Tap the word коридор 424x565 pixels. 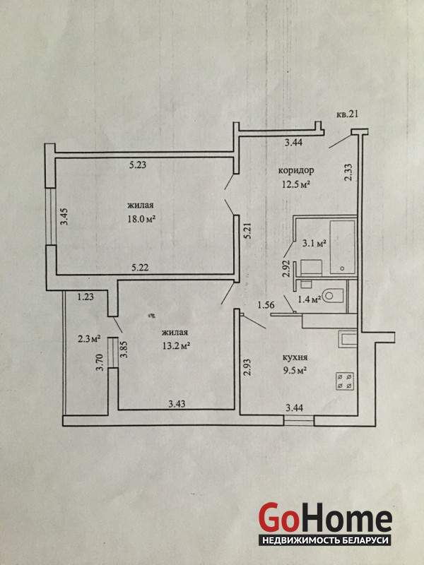click(x=296, y=170)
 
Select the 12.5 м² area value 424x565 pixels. click(x=296, y=184)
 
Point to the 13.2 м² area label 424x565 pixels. click(x=176, y=346)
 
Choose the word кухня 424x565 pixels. click(x=295, y=357)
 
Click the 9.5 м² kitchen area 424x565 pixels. click(x=295, y=370)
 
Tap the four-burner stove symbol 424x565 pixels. click(x=345, y=381)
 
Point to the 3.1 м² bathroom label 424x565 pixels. click(x=314, y=244)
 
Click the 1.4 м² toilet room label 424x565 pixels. click(x=310, y=299)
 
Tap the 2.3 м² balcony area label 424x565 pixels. click(x=89, y=339)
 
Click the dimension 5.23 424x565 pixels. click(x=138, y=165)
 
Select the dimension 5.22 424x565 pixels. click(x=141, y=268)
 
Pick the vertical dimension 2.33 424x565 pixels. click(x=349, y=172)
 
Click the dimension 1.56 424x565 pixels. click(x=266, y=305)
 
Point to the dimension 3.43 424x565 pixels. click(x=177, y=404)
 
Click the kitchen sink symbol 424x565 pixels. click(x=348, y=340)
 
